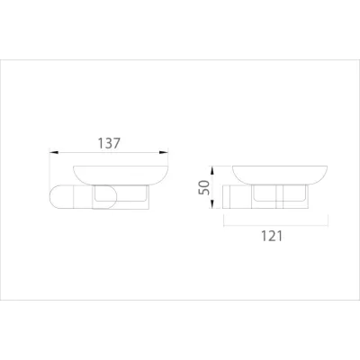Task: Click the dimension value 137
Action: [107, 143]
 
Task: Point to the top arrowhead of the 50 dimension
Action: [213, 168]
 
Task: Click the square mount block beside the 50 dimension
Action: [232, 197]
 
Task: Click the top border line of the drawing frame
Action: [180, 59]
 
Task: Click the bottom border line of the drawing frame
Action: [180, 300]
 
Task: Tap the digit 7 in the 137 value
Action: [119, 143]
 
